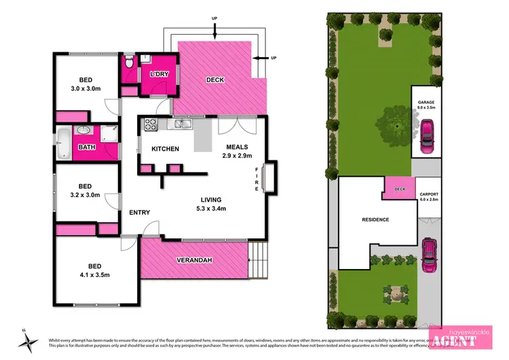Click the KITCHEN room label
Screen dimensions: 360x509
click(165, 149)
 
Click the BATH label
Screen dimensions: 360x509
click(86, 147)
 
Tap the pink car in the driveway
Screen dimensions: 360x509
click(430, 251)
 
